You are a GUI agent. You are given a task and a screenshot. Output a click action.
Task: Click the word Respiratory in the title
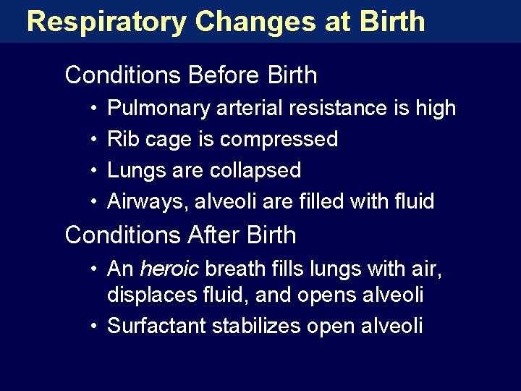point(107,22)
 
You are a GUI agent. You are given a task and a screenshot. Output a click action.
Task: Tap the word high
point(436,109)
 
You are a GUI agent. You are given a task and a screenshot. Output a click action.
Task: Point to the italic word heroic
point(169,269)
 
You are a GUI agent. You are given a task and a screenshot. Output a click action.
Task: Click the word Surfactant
point(156,327)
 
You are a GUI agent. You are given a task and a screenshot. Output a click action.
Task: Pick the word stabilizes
point(256,327)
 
